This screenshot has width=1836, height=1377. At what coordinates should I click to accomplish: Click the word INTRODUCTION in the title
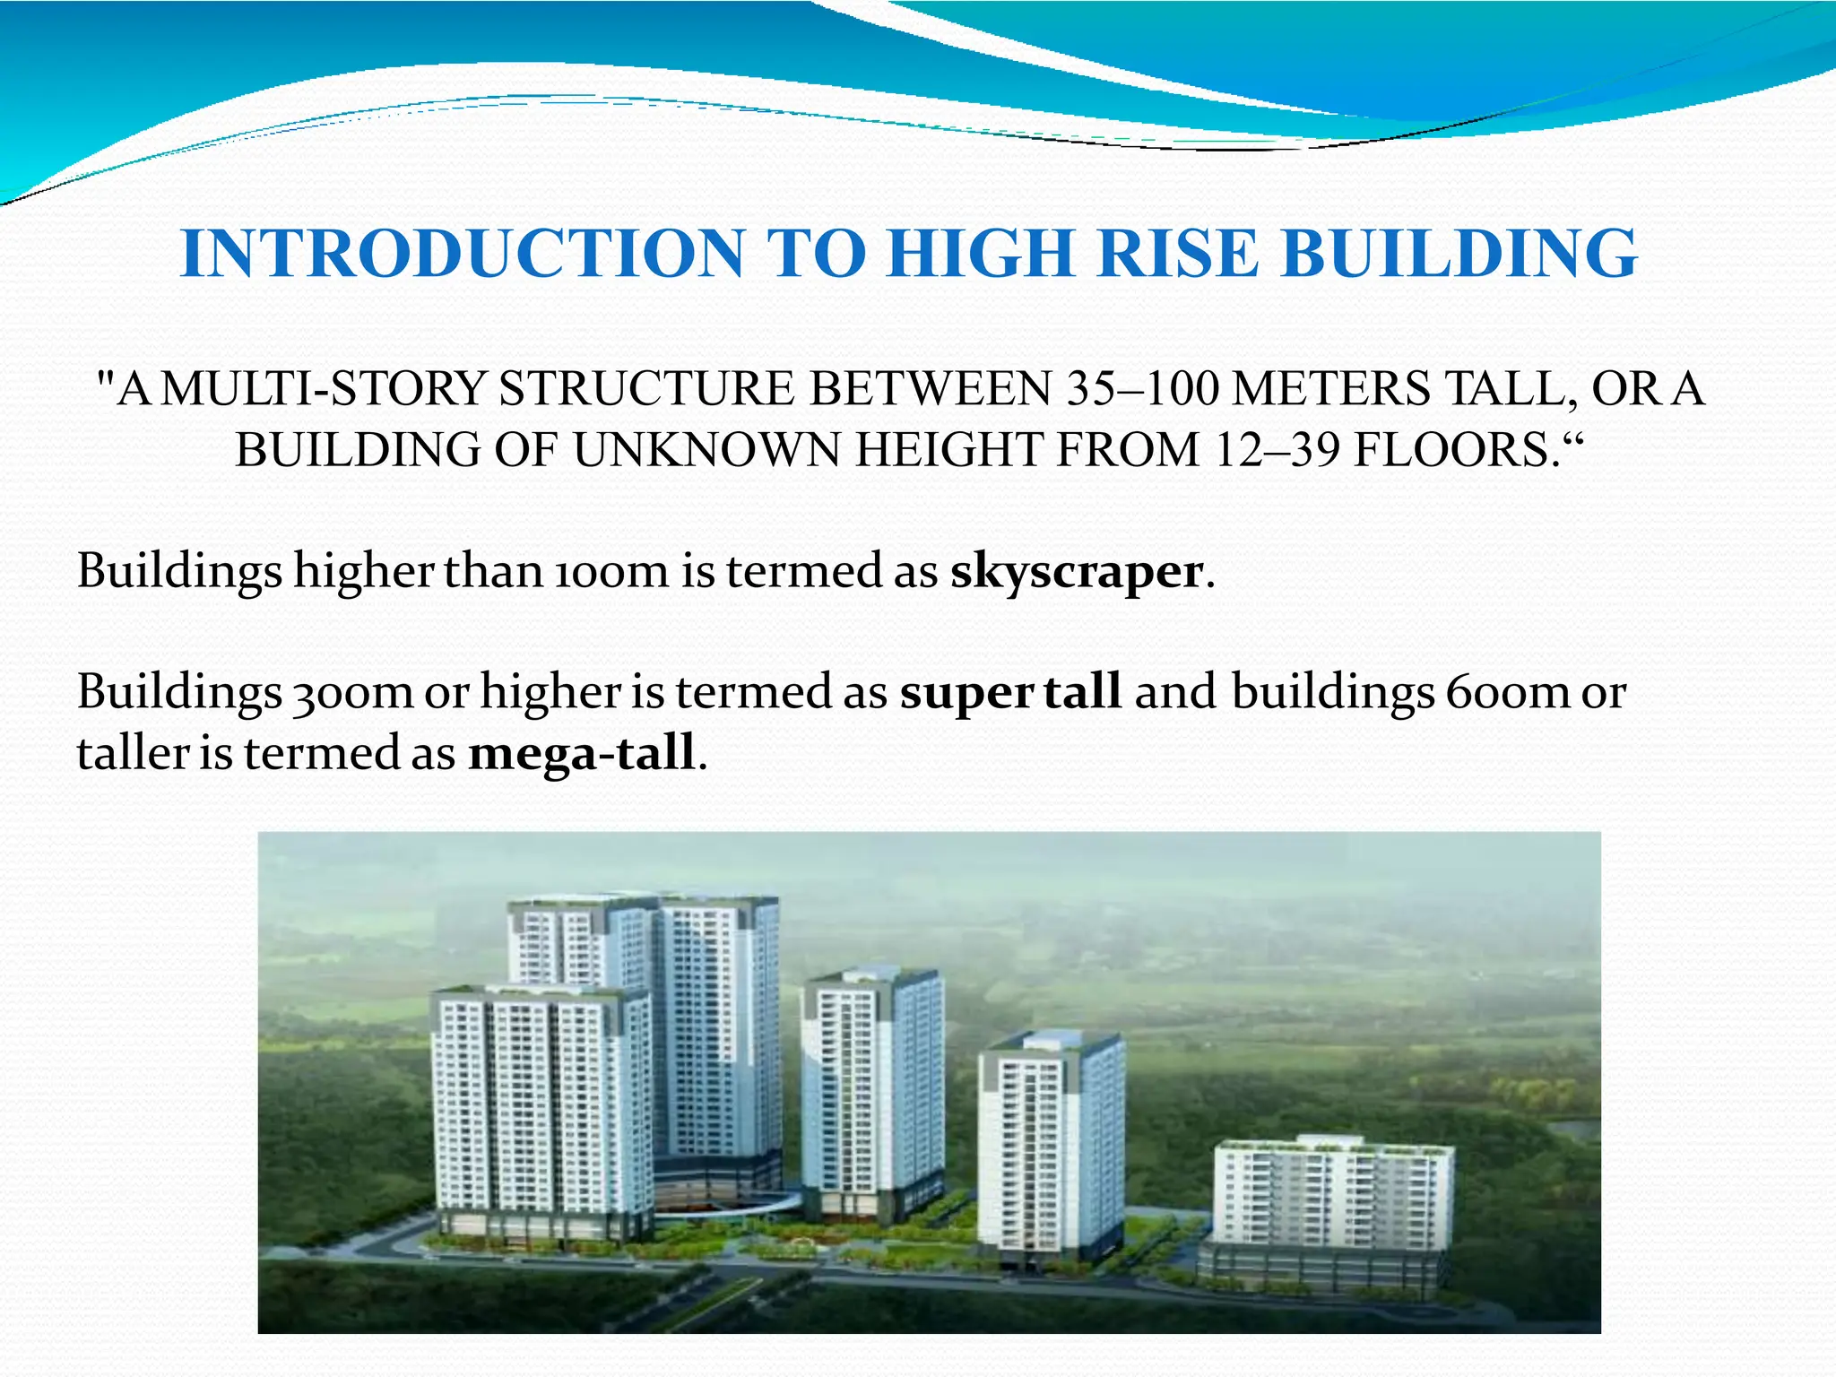(462, 254)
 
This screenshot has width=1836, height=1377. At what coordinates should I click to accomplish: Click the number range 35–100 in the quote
(1143, 390)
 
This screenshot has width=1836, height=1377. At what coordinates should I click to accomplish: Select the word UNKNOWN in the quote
(706, 450)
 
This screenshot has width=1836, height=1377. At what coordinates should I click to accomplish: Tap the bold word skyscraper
(1076, 572)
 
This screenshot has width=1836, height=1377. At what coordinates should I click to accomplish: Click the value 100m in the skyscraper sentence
(611, 572)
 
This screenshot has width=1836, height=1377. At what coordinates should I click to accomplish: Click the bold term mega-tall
(582, 753)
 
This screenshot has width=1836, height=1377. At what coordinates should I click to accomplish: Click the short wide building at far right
(1331, 1201)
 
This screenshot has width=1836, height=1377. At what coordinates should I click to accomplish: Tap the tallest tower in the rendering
(717, 1031)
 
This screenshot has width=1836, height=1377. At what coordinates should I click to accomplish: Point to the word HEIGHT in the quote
(950, 450)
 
